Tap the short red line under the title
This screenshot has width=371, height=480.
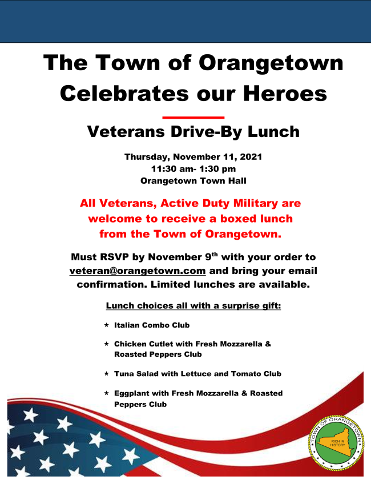tap(193, 117)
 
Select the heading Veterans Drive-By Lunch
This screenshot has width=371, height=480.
tap(193, 132)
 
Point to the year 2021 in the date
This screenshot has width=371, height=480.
tap(251, 157)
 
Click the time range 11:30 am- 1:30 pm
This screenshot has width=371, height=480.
tap(193, 169)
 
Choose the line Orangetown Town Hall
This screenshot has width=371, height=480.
tap(193, 180)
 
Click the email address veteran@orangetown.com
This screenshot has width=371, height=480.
tap(138, 271)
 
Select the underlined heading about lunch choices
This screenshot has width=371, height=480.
tap(193, 306)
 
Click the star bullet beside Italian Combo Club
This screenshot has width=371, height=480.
tap(107, 325)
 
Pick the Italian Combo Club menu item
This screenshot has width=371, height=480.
tap(152, 325)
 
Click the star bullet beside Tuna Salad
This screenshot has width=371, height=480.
tap(107, 373)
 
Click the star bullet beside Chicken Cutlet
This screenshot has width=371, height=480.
tap(107, 344)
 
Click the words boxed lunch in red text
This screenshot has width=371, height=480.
tap(256, 219)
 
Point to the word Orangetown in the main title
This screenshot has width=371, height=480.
tap(271, 63)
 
